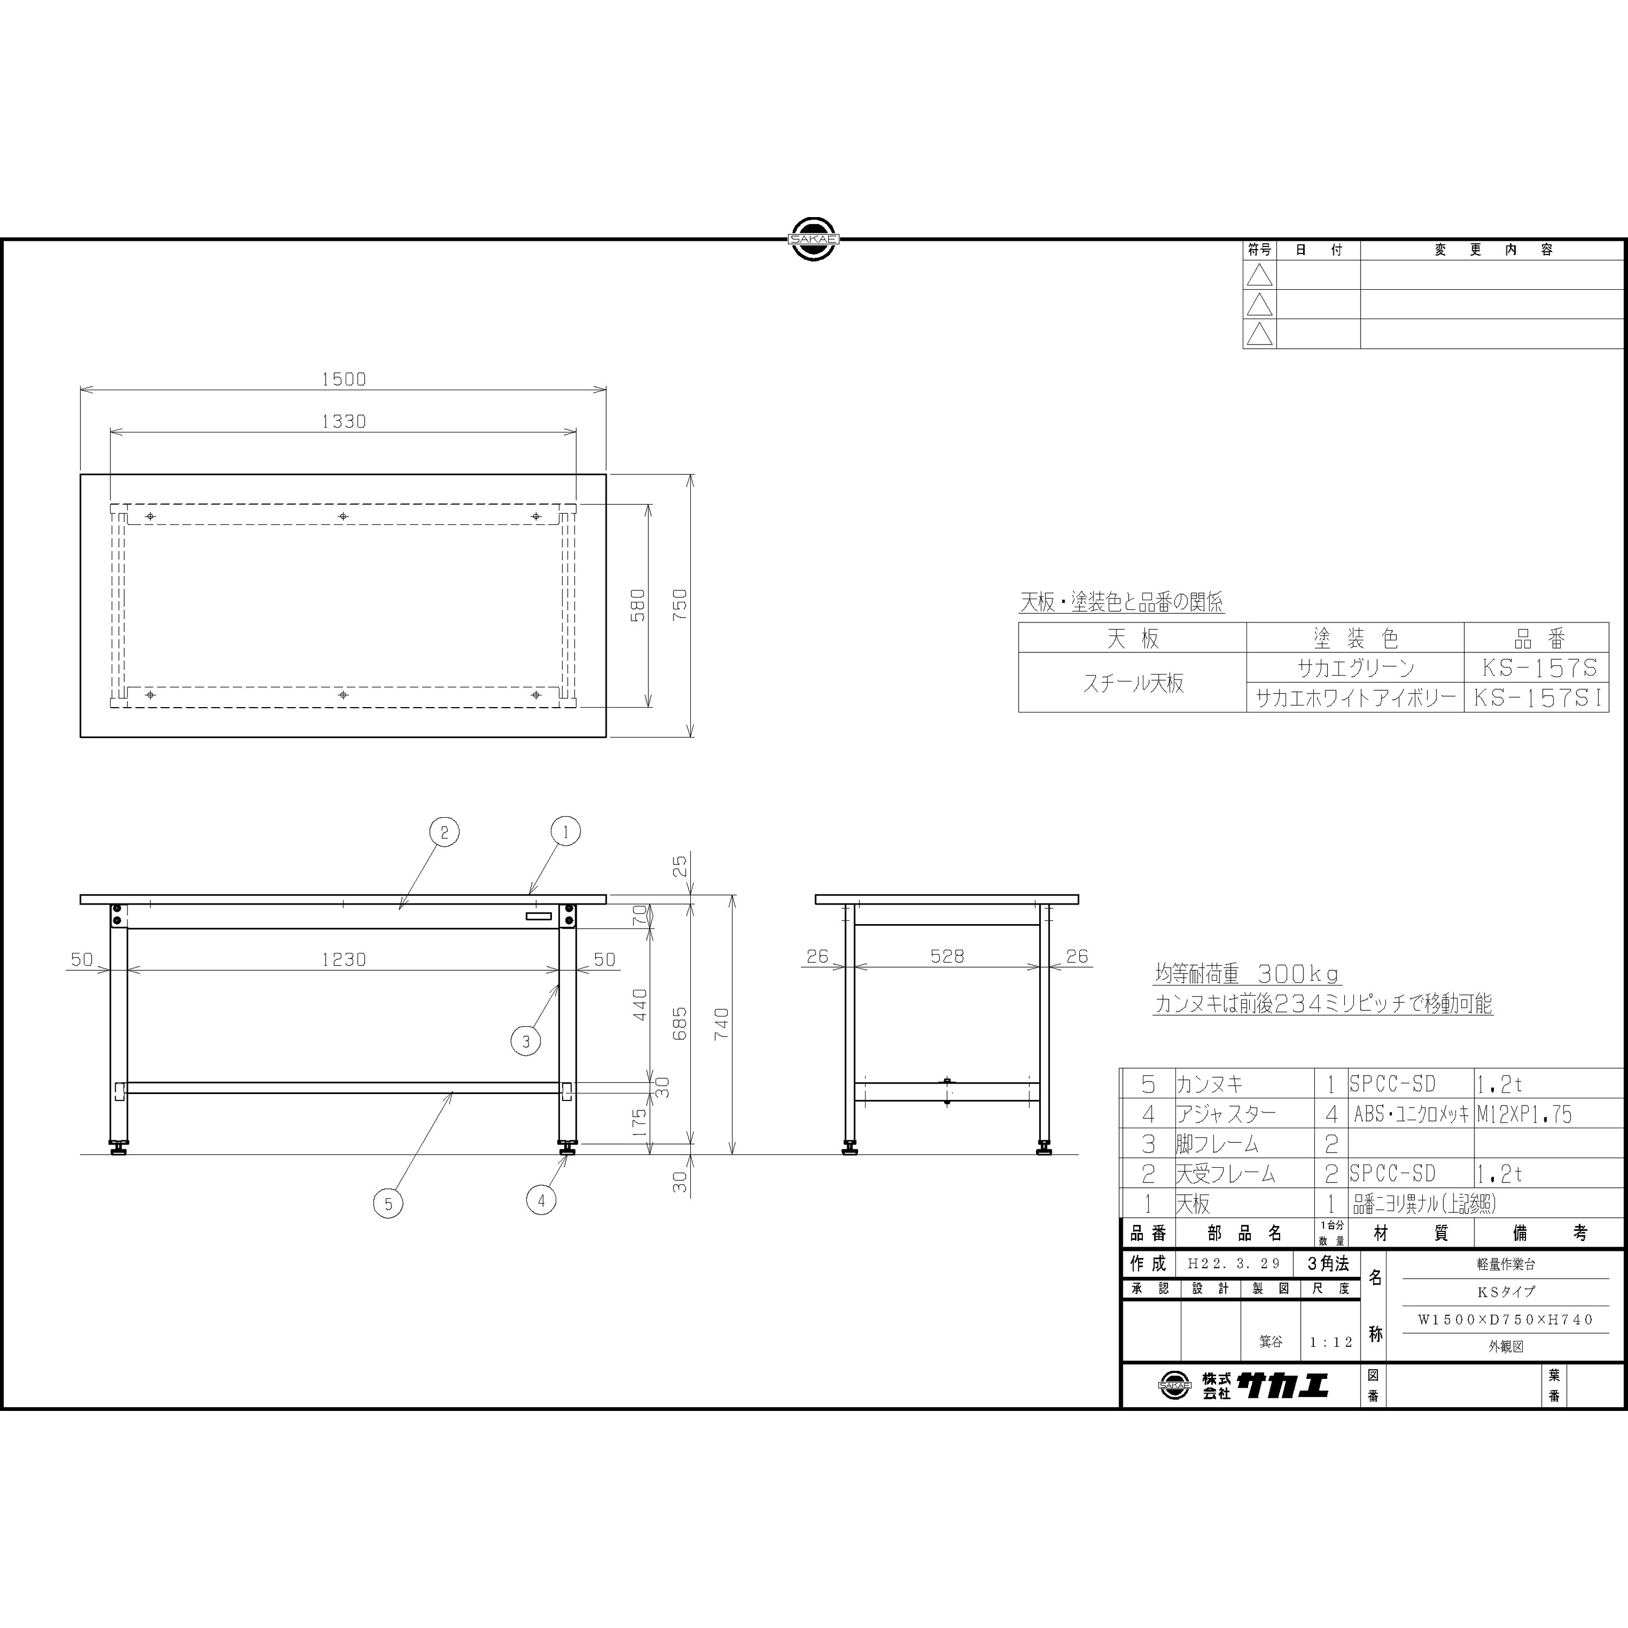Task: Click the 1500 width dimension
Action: click(344, 379)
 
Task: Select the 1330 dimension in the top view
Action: click(344, 421)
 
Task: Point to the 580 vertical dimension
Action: click(638, 605)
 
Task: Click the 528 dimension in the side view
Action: click(947, 956)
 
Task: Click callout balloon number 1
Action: click(565, 832)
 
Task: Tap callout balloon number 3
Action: click(526, 1041)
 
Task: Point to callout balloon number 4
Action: click(541, 1200)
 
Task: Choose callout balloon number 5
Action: click(387, 1203)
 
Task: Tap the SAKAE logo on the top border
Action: click(813, 239)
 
